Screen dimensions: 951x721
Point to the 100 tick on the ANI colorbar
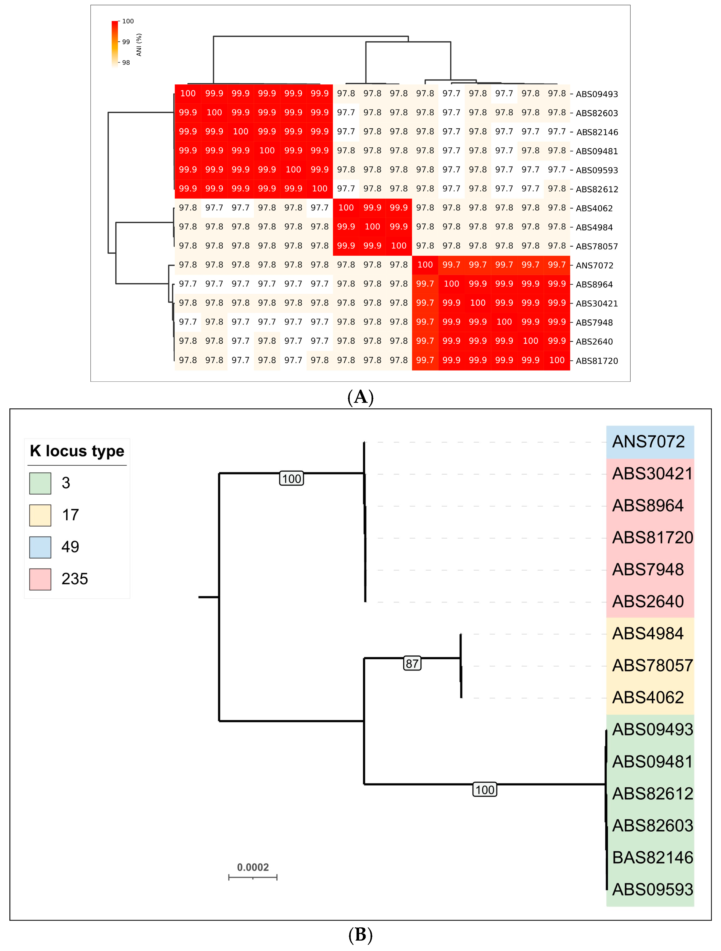coord(128,21)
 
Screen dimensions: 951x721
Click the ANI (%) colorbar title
coord(139,45)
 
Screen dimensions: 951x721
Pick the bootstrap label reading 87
coord(412,663)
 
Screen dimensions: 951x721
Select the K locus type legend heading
coord(77,451)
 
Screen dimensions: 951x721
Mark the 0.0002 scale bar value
coord(253,867)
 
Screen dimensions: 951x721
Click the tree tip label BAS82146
coord(652,857)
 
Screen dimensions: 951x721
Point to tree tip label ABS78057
coord(652,666)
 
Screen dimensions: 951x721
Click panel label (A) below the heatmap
coord(360,397)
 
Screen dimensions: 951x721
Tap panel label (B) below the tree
coord(360,935)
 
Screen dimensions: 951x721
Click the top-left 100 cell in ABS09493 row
coord(188,93)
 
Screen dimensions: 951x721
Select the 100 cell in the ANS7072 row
coord(425,265)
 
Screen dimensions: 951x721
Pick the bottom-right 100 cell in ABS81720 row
coord(557,360)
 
